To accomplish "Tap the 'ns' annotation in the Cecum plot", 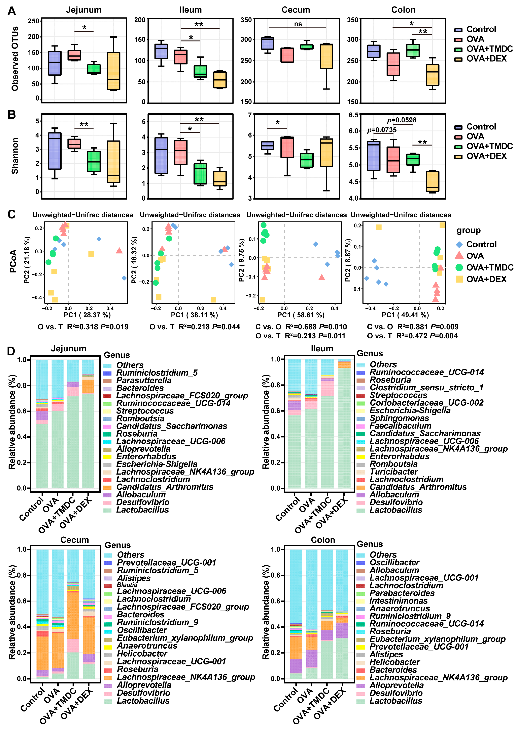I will coord(298,24).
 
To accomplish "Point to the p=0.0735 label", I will coord(382,130).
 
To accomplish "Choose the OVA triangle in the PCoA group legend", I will coord(459,256).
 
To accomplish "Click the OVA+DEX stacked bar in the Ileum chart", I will coord(344,424).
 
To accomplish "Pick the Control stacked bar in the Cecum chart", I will coord(42,613).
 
